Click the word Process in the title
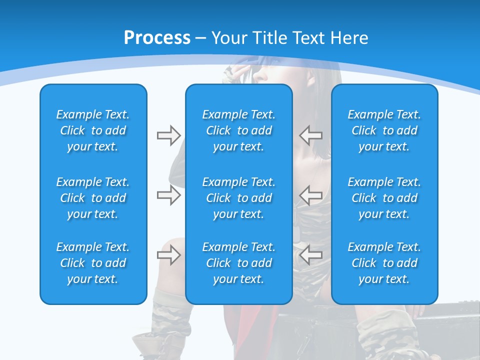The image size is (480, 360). coord(157,38)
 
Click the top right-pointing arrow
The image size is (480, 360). coord(168,135)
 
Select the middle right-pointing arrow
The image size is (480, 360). coord(168,195)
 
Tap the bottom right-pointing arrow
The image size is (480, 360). coord(168,255)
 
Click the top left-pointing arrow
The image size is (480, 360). coord(311,135)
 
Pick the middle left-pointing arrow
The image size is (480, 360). coord(311,195)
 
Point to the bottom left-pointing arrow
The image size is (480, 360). coord(311,255)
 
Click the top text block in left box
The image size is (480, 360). coord(93,130)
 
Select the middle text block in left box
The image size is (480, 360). coord(93,198)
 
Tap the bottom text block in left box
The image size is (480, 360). coord(93,263)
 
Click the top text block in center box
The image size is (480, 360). coord(238,130)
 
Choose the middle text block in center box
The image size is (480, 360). coord(238,198)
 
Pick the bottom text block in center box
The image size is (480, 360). coord(238,263)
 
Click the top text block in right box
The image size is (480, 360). coord(384,130)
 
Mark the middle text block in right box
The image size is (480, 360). coord(384,198)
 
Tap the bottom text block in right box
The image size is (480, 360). coord(384,263)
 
